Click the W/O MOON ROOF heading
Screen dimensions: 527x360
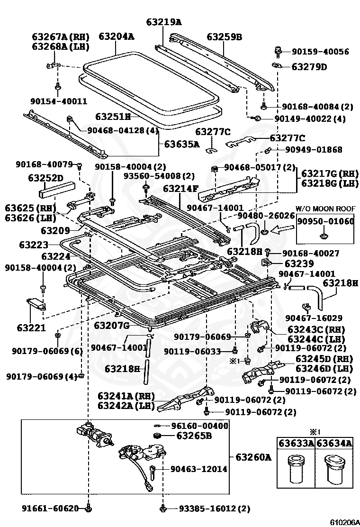click(325, 209)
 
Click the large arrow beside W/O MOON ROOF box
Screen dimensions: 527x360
click(283, 231)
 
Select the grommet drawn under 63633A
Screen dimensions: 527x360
click(296, 467)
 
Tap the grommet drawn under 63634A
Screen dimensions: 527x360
click(334, 466)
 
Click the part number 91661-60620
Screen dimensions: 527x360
click(50, 509)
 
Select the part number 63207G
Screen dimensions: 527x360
click(112, 325)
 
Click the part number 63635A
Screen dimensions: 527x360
click(182, 144)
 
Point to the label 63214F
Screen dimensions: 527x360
click(180, 188)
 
